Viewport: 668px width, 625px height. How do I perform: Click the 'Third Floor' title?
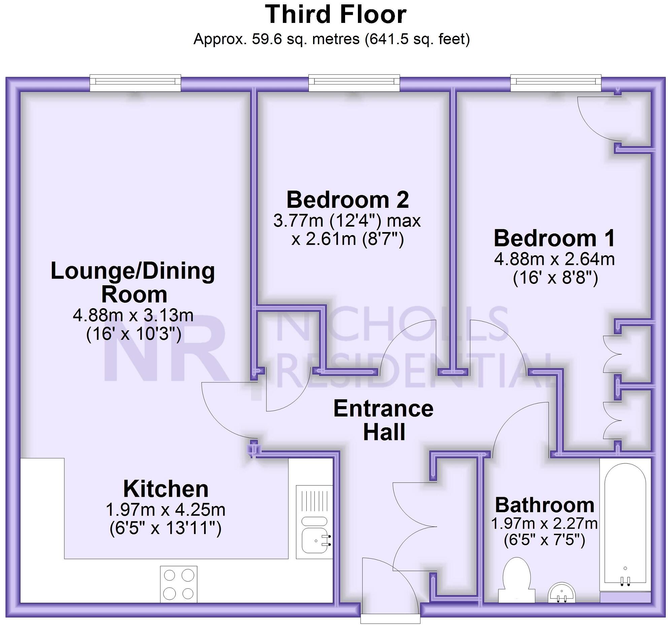[336, 15]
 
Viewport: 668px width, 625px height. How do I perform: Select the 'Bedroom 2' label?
[347, 200]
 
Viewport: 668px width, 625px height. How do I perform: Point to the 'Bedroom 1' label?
[555, 238]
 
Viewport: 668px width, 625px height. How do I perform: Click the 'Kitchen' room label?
[166, 489]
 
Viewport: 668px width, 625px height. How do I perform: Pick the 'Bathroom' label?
[544, 505]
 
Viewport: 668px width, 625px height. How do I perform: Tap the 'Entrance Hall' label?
[383, 420]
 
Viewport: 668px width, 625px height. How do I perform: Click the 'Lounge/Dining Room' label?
[133, 282]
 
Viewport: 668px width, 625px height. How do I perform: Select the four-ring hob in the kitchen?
[179, 584]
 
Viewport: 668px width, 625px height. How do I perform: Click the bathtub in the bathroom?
[625, 525]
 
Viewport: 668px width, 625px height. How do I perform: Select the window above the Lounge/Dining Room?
[135, 83]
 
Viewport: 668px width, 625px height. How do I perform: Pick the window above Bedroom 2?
[354, 83]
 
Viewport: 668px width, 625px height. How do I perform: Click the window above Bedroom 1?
[556, 83]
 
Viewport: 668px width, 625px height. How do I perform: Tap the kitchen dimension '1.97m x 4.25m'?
[166, 510]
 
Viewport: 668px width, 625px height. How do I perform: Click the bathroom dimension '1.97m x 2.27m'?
[544, 523]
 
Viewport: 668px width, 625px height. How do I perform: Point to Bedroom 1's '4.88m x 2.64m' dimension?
[555, 259]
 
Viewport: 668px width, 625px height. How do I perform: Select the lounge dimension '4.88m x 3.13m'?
[133, 315]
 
